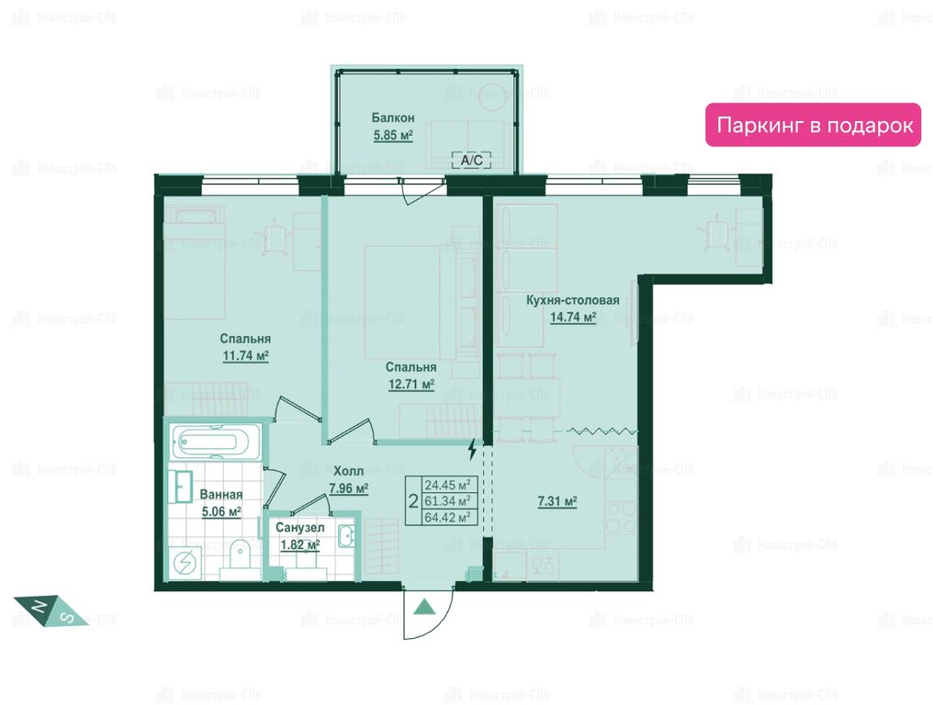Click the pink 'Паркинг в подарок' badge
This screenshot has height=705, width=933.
coord(813,125)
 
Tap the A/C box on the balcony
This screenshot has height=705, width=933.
coord(472,160)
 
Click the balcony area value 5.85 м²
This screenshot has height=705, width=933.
coord(393,135)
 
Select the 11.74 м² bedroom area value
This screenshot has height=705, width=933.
coord(246,356)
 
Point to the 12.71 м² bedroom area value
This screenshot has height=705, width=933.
coord(411,385)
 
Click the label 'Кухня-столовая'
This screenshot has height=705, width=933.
coord(572,300)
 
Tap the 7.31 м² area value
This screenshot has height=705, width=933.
coord(556,501)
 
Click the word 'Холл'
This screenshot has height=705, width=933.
coord(348,471)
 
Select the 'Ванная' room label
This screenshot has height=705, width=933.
coord(220,495)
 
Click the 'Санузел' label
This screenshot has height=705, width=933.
coord(300,528)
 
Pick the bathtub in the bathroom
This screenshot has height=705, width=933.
coord(216,442)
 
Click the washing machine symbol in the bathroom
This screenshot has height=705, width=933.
coord(185,562)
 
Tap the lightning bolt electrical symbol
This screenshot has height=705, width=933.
coord(472,449)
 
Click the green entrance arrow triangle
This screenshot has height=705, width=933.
coord(425,607)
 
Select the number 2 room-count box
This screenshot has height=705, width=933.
coord(413,501)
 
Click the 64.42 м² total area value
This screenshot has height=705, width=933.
coord(447,518)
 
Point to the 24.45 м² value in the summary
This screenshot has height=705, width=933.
coord(447,485)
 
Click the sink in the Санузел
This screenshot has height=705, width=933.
coord(346,535)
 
